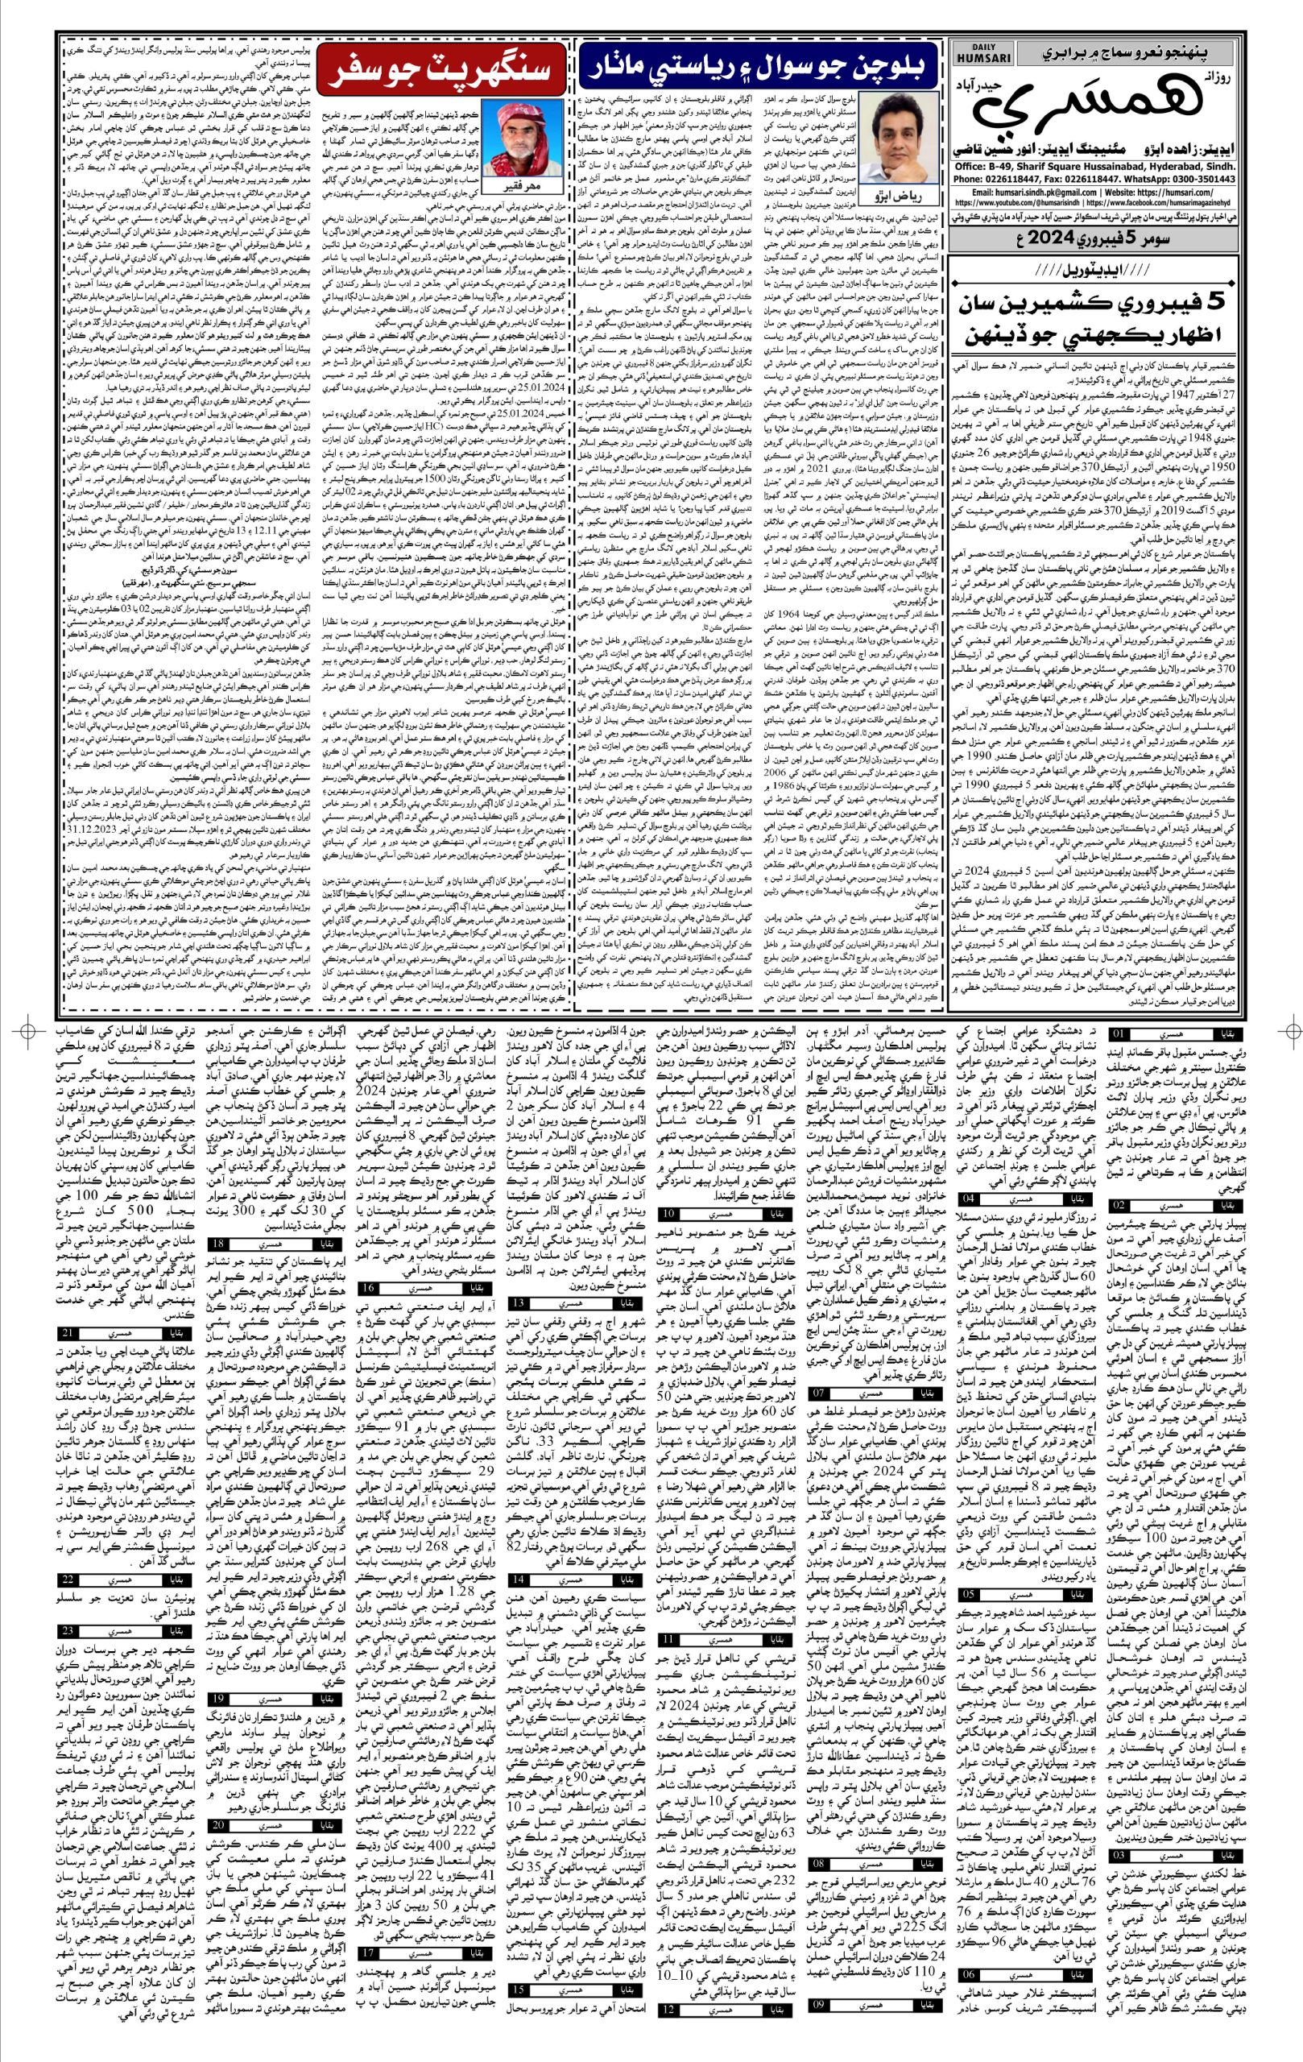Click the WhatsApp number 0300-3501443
(1205, 179)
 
